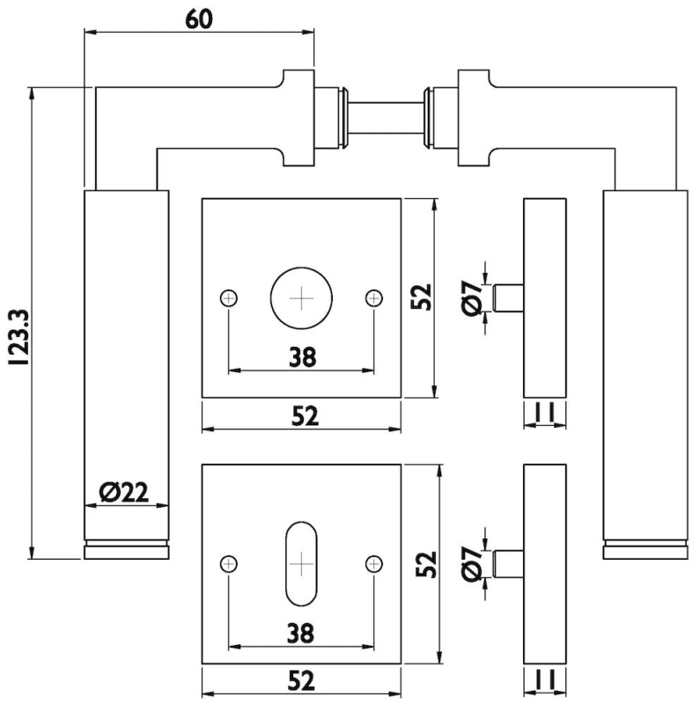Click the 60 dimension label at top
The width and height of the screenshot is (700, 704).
click(x=199, y=19)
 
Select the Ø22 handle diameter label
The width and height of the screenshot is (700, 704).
click(x=123, y=493)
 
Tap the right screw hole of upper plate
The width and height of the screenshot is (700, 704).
click(x=374, y=298)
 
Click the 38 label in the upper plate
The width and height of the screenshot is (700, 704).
click(x=301, y=356)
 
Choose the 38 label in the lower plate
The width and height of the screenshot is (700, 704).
click(x=301, y=632)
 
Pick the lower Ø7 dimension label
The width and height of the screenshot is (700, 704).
click(x=470, y=563)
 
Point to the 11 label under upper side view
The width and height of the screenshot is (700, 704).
click(x=543, y=411)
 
